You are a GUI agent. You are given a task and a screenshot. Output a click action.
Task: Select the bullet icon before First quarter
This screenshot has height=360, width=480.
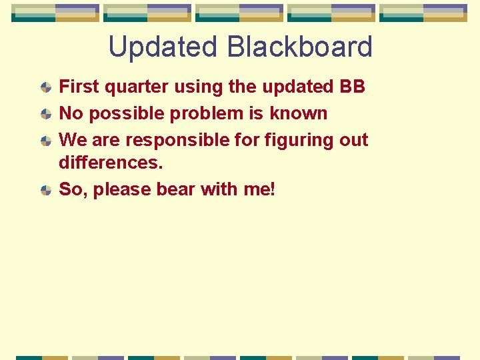tap(46, 87)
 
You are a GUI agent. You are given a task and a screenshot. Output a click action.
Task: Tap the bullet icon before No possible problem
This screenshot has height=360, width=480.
tap(46, 114)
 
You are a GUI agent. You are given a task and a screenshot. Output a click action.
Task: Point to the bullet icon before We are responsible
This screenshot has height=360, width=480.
tap(46, 141)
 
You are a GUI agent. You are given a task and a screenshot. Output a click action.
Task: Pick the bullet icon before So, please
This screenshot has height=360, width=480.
tap(46, 190)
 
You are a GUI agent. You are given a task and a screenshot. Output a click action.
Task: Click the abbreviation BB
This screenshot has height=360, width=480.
tap(352, 87)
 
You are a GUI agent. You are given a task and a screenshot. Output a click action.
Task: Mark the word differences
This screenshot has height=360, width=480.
tap(111, 163)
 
